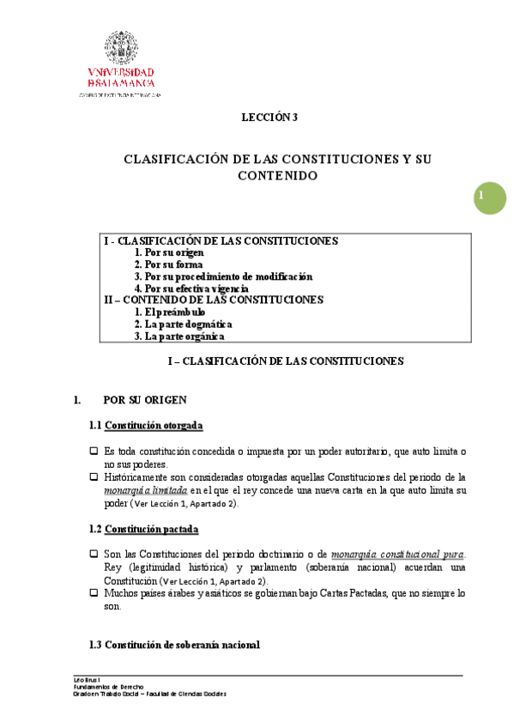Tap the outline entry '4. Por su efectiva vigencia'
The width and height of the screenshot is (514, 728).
197,288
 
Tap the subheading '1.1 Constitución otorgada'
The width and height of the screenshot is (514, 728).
146,426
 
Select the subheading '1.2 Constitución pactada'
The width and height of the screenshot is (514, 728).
144,528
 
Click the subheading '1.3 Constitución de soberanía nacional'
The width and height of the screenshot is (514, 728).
174,644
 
